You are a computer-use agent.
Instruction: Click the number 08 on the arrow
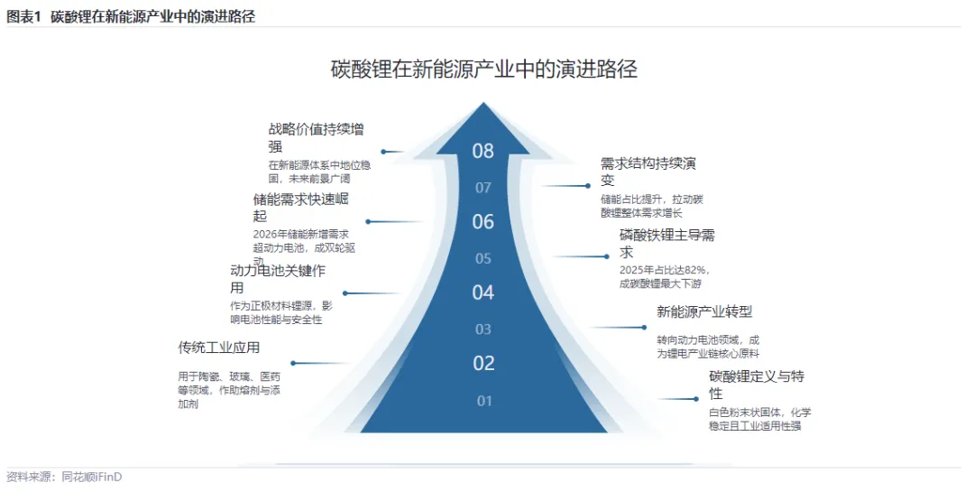[x=483, y=151]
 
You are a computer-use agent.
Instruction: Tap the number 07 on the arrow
[x=483, y=188]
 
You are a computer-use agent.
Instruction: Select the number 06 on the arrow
[x=483, y=221]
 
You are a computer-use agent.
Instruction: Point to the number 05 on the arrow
[x=483, y=258]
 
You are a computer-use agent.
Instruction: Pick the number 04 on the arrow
[x=483, y=292]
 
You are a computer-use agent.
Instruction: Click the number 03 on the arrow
[x=483, y=330]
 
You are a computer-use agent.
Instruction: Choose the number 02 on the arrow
[x=484, y=363]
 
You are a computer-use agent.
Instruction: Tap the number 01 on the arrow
[x=484, y=401]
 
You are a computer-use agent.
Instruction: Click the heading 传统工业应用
[x=219, y=348]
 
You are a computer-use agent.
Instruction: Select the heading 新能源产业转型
[x=704, y=311]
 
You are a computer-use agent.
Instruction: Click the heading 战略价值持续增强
[x=316, y=137]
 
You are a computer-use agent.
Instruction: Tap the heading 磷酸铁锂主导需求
[x=666, y=244]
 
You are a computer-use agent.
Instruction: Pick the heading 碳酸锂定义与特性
[x=756, y=385]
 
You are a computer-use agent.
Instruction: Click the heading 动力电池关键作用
[x=277, y=278]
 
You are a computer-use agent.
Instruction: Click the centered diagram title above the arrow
[x=484, y=70]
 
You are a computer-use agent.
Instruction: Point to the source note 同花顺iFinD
[x=91, y=477]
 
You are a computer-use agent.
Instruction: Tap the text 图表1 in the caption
[x=24, y=16]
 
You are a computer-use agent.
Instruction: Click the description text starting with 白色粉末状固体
[x=754, y=419]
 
